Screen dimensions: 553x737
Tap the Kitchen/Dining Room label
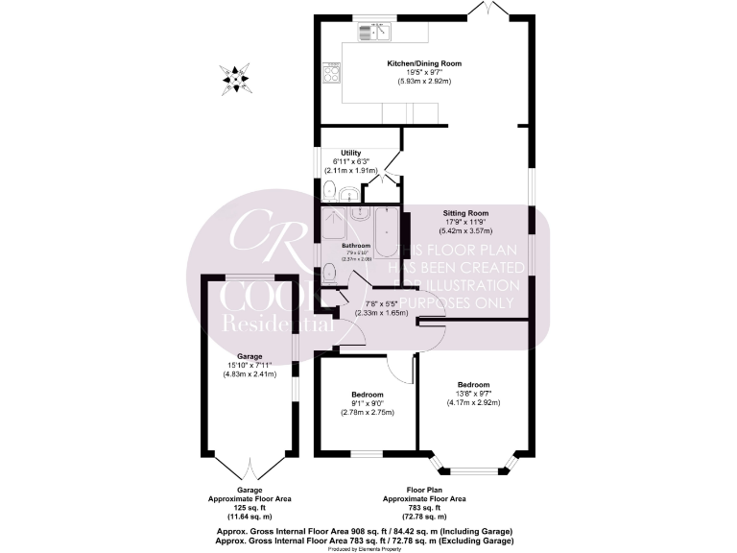(423, 63)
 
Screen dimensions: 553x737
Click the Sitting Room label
(465, 213)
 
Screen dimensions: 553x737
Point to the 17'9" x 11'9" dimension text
(465, 222)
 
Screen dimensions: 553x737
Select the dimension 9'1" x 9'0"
(367, 403)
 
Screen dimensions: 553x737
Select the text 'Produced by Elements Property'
(368, 548)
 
